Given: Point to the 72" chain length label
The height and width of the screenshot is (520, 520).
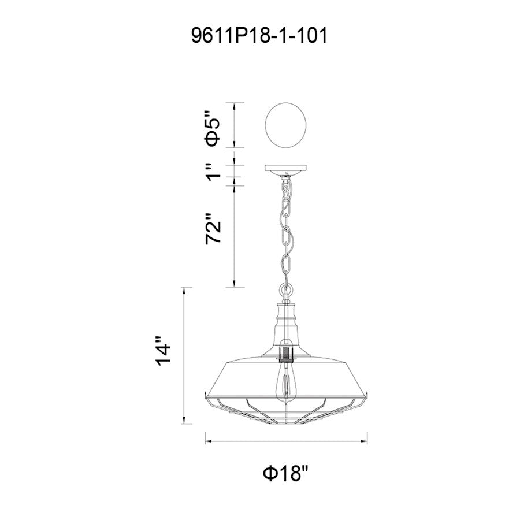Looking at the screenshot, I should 213,231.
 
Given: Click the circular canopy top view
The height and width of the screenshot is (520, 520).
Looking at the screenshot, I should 287,125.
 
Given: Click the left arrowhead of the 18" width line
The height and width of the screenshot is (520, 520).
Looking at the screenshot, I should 207,443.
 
